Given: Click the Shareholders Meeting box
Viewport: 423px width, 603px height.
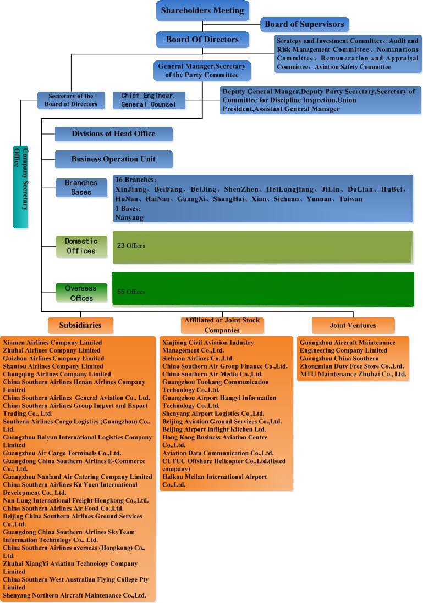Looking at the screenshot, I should (202, 11).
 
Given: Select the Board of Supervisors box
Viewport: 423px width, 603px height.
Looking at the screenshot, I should (304, 24).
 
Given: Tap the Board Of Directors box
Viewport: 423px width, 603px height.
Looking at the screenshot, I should (202, 40).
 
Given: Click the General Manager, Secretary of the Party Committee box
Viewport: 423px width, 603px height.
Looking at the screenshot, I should (202, 70).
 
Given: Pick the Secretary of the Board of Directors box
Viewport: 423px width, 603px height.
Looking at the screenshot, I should (70, 100).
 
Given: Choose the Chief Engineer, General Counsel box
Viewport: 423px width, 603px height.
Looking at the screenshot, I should (149, 100).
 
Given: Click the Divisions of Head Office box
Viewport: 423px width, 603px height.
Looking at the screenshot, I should (113, 134).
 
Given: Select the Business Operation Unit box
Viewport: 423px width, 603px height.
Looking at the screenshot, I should (113, 159).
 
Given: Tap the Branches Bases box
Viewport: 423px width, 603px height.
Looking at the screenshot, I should (81, 188).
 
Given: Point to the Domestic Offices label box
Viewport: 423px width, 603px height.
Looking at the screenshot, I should (81, 246).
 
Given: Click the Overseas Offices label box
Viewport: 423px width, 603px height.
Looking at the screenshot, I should (81, 293).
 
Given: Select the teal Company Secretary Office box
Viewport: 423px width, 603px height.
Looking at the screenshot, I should (20, 187).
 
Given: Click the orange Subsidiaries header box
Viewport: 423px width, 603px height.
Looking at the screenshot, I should (80, 325).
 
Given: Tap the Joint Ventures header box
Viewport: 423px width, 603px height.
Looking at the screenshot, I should (353, 325).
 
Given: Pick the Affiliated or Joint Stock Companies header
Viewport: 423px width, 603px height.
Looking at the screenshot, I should (222, 325).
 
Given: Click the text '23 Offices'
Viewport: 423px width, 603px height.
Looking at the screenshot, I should (131, 246).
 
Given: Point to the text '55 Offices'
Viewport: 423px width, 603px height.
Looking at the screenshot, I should (131, 292).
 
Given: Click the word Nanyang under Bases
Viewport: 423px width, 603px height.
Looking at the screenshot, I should (129, 217).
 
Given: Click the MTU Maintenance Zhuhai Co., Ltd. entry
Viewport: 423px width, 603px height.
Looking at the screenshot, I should (353, 375).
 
